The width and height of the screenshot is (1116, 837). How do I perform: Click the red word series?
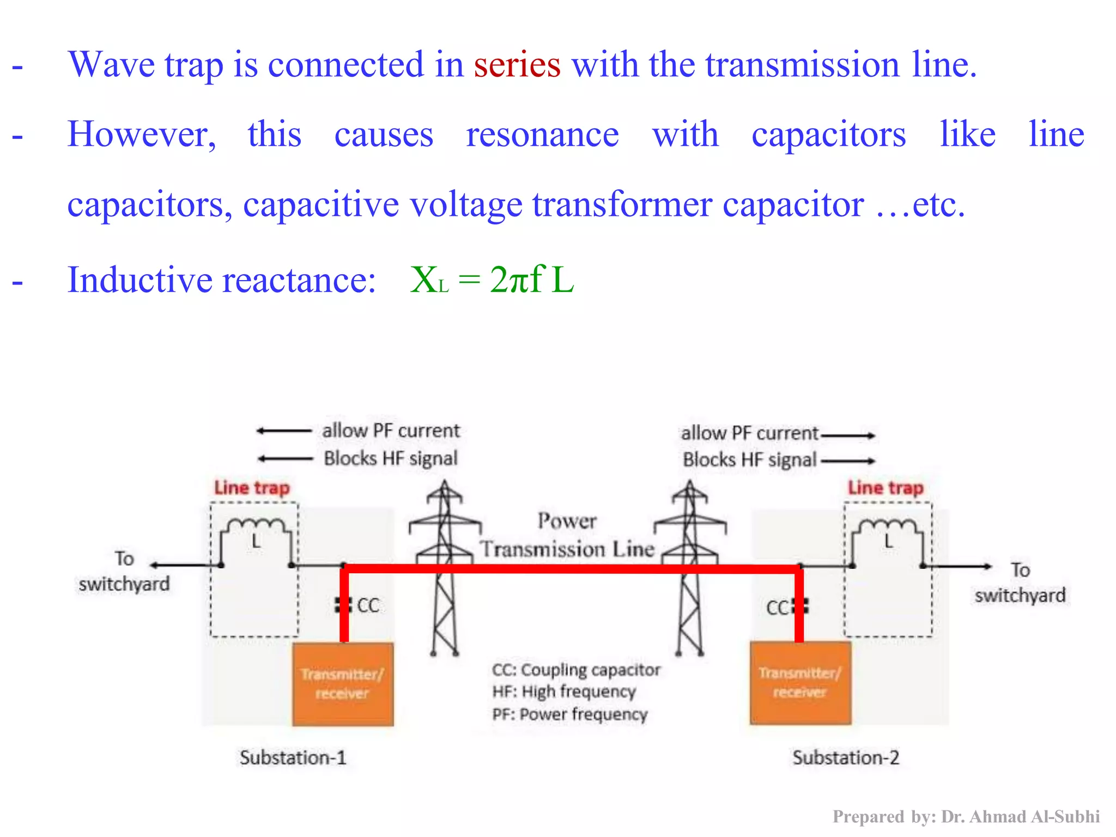tap(517, 65)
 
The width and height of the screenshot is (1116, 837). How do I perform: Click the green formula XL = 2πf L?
tap(492, 280)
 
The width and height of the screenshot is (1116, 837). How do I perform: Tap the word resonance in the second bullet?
tap(542, 135)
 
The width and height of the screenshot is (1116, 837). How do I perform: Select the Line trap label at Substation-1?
tap(252, 488)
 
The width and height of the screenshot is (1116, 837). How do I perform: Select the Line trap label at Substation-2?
tap(885, 488)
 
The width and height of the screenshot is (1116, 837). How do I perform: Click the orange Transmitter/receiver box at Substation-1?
tap(343, 684)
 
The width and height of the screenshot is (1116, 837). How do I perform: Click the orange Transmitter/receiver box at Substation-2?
tap(800, 683)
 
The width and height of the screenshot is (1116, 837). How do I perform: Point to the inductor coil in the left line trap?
tap(256, 526)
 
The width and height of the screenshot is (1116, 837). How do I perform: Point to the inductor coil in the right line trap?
tap(888, 526)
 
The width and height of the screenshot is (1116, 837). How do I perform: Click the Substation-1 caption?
tap(293, 758)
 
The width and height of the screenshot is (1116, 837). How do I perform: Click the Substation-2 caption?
tap(846, 758)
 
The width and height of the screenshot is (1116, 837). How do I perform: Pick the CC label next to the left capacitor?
tap(368, 605)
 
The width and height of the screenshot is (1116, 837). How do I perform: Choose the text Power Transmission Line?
tap(567, 535)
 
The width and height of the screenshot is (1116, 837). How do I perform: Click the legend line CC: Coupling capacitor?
tap(576, 670)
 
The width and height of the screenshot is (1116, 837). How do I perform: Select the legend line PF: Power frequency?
tap(570, 714)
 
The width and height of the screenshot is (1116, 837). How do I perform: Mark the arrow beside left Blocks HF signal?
tap(285, 459)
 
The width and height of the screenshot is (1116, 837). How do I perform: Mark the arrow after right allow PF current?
tap(848, 435)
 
